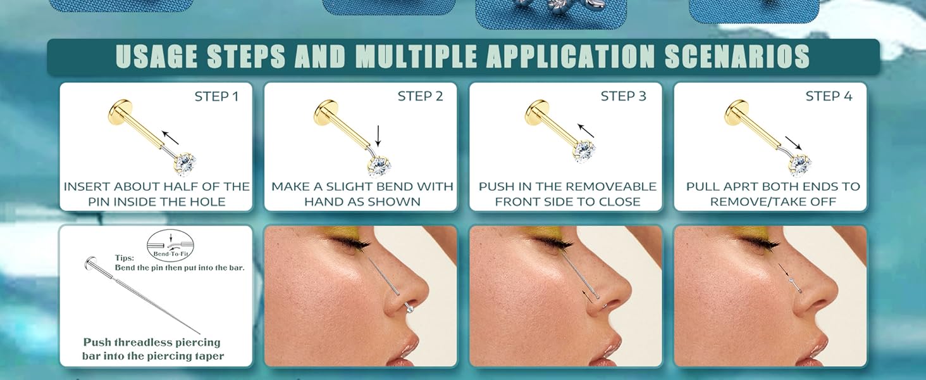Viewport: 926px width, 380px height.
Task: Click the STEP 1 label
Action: (x=216, y=96)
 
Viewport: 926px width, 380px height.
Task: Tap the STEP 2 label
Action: (x=420, y=96)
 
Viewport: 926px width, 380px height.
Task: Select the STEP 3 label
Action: (x=624, y=96)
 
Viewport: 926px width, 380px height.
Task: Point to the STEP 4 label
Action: (x=829, y=96)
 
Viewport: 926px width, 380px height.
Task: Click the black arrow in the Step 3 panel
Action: (x=586, y=130)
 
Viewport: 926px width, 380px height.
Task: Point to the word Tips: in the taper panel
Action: (x=124, y=258)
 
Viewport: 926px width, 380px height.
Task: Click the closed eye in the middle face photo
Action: (x=557, y=243)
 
